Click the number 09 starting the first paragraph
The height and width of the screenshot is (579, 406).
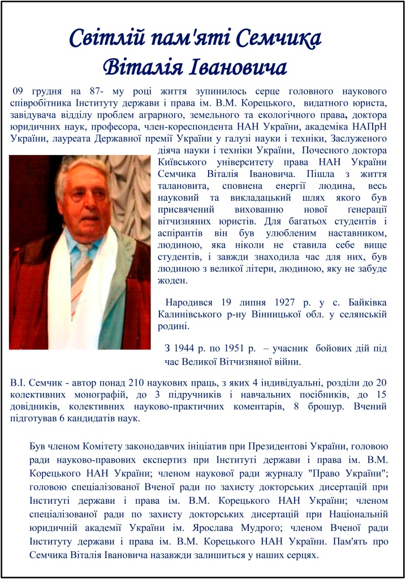(x=19, y=91)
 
